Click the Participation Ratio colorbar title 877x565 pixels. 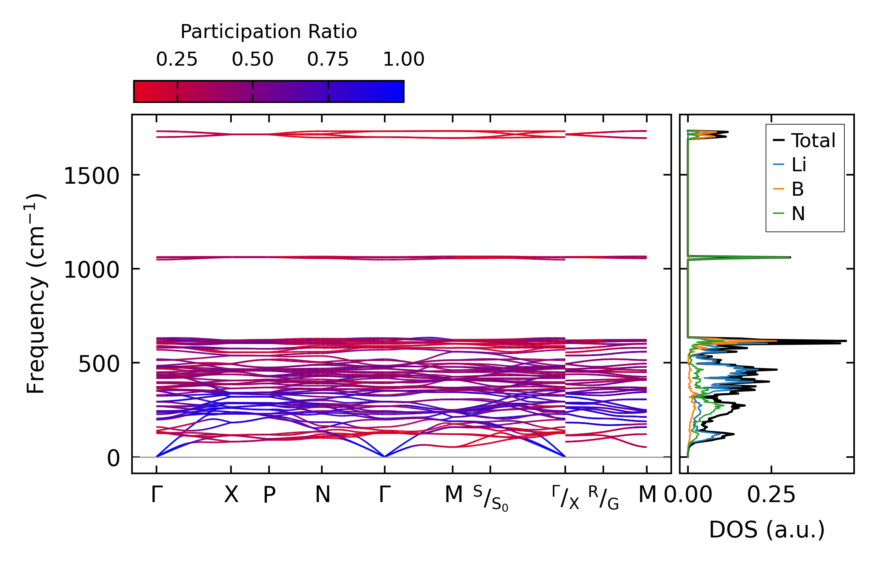click(269, 32)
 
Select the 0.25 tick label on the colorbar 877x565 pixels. click(177, 59)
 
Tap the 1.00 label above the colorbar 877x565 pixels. click(404, 59)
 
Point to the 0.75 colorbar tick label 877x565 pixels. click(328, 59)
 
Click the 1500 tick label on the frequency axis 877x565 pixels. click(91, 176)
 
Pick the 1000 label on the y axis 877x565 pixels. click(91, 270)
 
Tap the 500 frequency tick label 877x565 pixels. click(99, 364)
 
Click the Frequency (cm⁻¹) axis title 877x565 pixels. click(36, 294)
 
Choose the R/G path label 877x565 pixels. click(603, 498)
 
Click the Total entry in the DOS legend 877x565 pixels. click(813, 141)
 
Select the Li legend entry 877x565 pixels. click(799, 165)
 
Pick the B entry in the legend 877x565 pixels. click(797, 189)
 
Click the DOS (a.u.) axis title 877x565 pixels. click(767, 530)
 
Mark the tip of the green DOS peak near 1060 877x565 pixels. click(790, 257)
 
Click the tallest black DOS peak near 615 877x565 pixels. click(846, 341)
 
